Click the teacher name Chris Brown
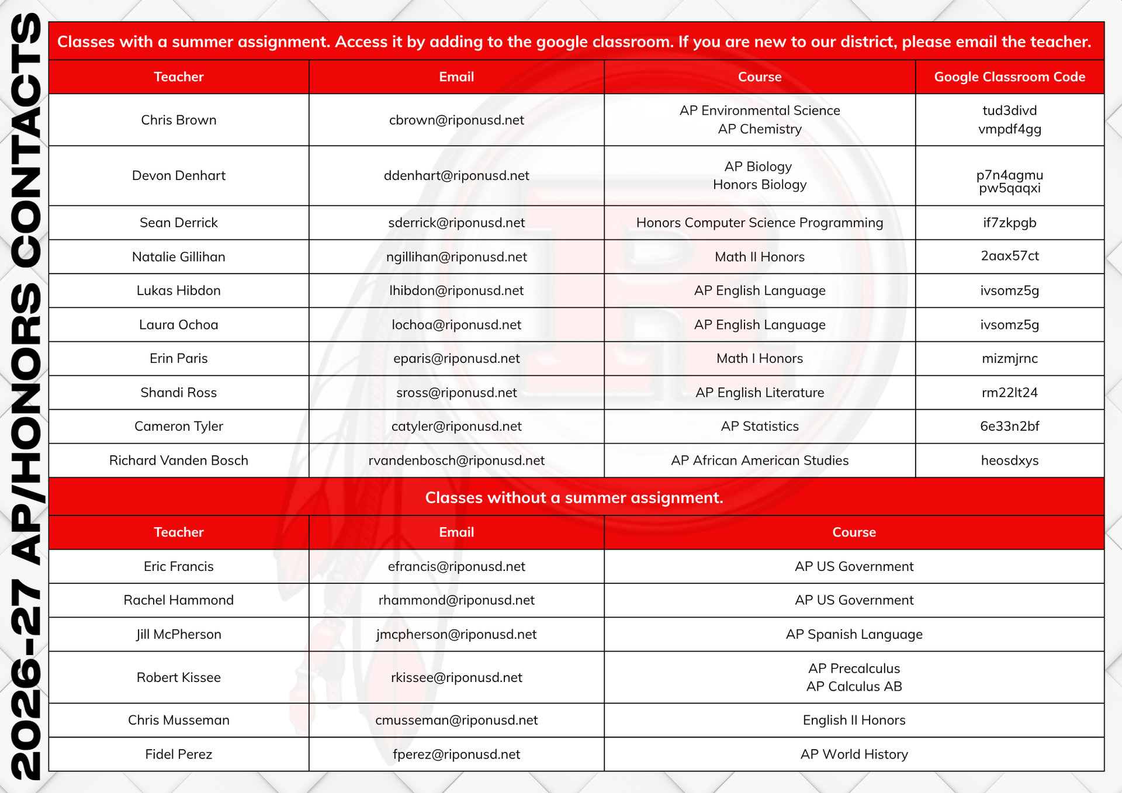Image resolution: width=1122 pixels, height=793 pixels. (x=178, y=120)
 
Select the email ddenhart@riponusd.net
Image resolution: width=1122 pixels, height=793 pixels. (x=456, y=175)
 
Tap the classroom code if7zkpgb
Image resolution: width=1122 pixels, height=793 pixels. (x=1009, y=223)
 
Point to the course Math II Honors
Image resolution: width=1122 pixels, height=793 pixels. (x=759, y=257)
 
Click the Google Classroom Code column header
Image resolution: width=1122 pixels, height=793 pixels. (x=1009, y=77)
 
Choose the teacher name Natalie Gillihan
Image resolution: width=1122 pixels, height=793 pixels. (x=178, y=257)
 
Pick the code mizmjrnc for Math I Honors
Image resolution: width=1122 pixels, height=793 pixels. (x=1009, y=358)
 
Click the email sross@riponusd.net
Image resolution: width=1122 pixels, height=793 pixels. (x=456, y=393)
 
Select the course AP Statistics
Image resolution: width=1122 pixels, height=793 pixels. (x=759, y=426)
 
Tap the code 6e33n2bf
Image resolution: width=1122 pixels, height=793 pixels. (x=1009, y=426)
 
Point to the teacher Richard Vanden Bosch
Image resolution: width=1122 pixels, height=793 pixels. (x=178, y=460)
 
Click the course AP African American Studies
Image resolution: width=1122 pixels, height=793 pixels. (x=759, y=460)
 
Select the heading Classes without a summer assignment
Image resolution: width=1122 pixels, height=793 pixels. (x=574, y=497)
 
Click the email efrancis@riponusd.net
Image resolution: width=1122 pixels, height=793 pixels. (x=456, y=566)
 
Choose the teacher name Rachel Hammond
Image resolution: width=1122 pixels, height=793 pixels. (x=178, y=600)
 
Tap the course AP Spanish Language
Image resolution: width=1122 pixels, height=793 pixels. (x=854, y=634)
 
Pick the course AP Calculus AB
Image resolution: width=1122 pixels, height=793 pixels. (x=854, y=686)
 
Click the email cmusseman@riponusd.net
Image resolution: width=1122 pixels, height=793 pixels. (x=456, y=720)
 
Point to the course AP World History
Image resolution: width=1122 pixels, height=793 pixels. (x=854, y=754)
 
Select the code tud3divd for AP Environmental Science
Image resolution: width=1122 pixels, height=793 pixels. (x=1009, y=110)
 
